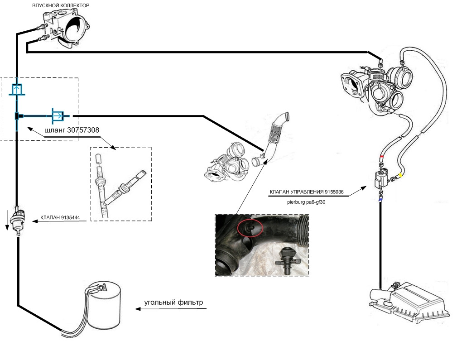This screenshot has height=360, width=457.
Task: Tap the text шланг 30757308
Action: [x=72, y=130]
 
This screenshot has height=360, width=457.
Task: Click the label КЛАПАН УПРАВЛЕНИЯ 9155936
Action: [x=306, y=192]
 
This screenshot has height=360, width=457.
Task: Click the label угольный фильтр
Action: [x=173, y=302]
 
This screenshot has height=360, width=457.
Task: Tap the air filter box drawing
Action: [x=410, y=302]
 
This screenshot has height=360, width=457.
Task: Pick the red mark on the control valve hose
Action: [x=381, y=157]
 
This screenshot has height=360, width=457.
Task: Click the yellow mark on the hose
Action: [x=400, y=175]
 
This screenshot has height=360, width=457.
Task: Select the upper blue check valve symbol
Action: [x=17, y=89]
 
